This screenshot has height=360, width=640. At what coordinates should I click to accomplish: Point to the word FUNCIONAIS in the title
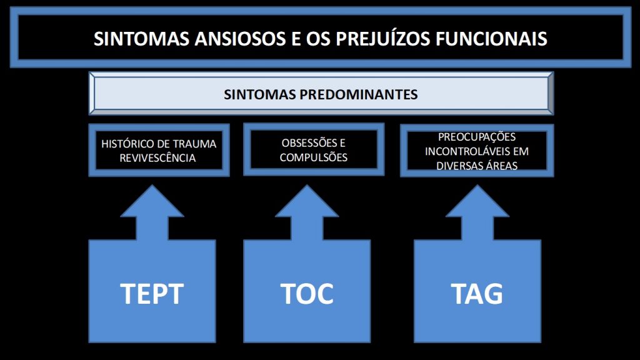(x=491, y=39)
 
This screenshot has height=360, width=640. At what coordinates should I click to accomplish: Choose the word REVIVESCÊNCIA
(x=157, y=158)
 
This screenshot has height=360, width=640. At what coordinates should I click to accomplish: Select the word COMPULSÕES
(x=314, y=157)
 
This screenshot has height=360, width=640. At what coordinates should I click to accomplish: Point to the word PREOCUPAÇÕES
(x=477, y=137)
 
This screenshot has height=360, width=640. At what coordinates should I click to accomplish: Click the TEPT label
(x=152, y=294)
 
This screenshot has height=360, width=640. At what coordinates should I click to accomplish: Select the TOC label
(x=307, y=294)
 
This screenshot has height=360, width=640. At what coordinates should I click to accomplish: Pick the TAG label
(x=477, y=294)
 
